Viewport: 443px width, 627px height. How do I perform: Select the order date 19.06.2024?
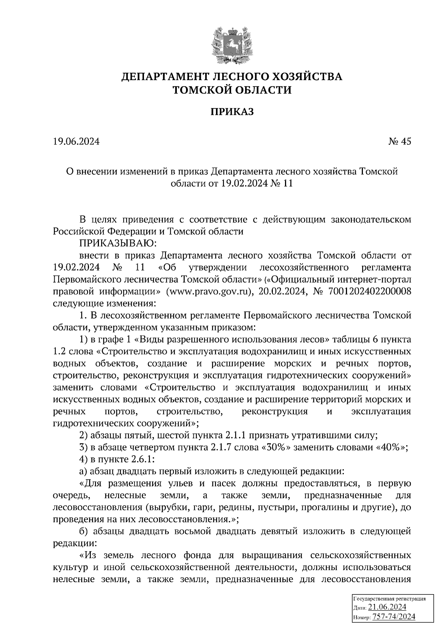[76, 141]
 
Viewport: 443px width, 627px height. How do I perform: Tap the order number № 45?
[399, 141]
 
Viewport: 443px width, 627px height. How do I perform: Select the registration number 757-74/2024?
[394, 617]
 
